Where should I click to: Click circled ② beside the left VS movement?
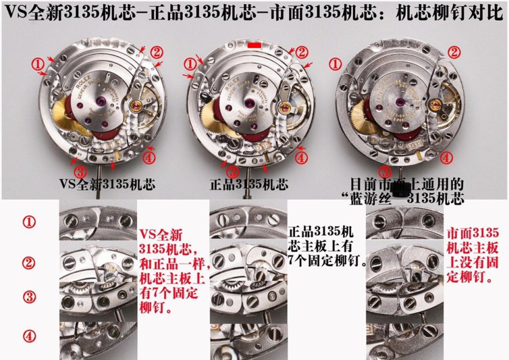157,52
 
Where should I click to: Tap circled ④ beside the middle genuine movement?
302,157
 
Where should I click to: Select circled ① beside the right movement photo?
335,63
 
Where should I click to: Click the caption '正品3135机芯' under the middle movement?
248,183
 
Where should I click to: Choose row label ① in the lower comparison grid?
29,222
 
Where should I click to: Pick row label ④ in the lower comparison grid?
29,336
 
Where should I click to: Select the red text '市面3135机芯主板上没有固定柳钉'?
473,255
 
